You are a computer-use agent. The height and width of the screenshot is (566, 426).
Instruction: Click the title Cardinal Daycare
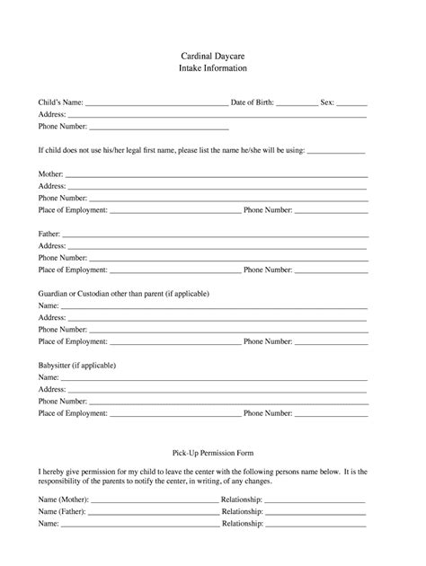212,56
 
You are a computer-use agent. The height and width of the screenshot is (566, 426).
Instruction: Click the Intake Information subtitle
212,68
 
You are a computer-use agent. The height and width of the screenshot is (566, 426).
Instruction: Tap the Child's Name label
60,103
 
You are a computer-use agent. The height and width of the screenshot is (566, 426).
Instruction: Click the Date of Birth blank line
297,105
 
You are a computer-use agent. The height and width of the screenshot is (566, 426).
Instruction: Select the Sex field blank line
352,105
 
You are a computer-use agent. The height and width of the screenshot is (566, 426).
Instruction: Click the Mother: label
50,172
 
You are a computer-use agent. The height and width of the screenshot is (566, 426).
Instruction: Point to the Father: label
49,233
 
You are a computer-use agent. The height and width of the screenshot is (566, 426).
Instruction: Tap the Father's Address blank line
217,247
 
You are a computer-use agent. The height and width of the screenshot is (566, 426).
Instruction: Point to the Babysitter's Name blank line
213,379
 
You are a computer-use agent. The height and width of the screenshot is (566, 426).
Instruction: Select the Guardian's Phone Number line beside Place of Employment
331,343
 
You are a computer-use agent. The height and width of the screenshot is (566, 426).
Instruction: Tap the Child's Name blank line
156,105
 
